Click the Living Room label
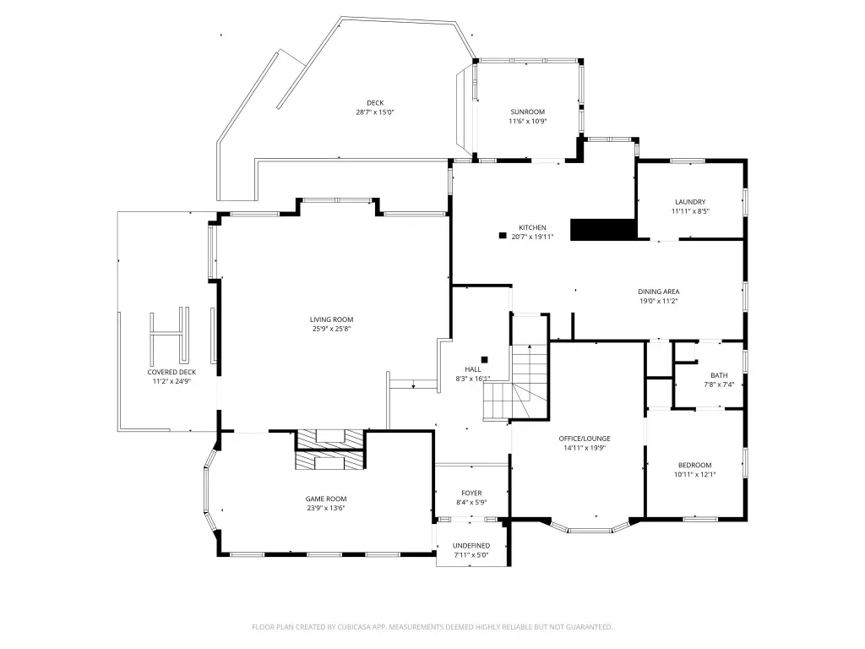(331, 319)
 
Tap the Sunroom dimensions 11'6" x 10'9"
(527, 122)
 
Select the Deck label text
(375, 103)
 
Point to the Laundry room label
(690, 202)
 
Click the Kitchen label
(532, 227)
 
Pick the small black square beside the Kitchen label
(503, 236)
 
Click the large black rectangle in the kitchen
(603, 230)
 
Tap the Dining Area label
(659, 292)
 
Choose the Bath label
(719, 375)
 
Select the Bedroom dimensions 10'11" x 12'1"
(694, 475)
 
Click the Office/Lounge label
(585, 439)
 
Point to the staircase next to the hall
(516, 382)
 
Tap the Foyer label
(471, 494)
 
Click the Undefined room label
(471, 546)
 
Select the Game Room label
(326, 499)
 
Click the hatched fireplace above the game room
(330, 450)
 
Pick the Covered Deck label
(171, 373)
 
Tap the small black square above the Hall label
(484, 360)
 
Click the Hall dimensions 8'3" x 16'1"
(473, 379)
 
